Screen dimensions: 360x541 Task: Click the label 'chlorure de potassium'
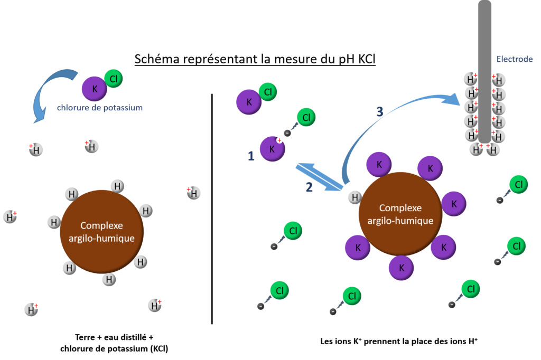tap(99, 108)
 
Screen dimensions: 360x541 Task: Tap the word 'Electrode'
tap(514, 60)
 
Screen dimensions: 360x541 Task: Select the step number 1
tap(251, 156)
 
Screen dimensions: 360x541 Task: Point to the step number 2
tap(309, 187)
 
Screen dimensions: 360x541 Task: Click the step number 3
tap(379, 112)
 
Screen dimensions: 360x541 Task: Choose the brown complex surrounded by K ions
tap(400, 214)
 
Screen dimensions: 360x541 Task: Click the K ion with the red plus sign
tap(272, 149)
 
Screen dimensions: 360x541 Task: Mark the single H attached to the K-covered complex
tap(355, 197)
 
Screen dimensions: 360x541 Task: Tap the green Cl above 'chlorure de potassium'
tap(114, 79)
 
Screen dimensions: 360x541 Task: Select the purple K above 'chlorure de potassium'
tap(94, 89)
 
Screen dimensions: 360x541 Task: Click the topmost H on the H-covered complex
tap(117, 186)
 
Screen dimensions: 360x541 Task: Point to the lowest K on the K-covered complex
tap(401, 268)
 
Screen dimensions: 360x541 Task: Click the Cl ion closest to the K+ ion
tap(306, 117)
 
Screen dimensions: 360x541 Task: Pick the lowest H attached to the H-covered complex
tap(109, 279)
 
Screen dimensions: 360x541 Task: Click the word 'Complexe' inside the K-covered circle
tap(400, 208)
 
